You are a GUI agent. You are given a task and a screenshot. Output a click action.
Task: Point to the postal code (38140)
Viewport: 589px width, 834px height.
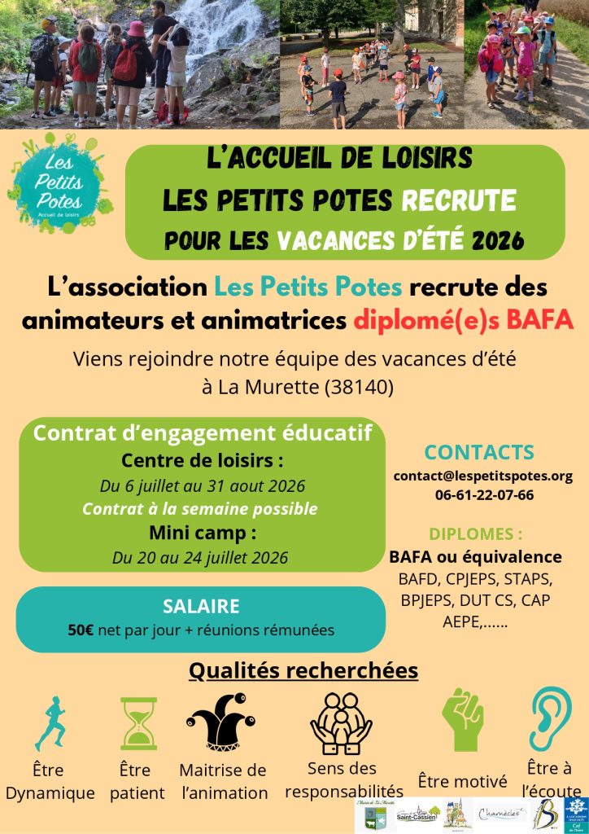[359, 387]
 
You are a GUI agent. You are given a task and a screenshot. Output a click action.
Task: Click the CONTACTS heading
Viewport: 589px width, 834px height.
[479, 452]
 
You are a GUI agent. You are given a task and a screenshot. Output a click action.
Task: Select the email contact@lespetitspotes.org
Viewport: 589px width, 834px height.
[482, 476]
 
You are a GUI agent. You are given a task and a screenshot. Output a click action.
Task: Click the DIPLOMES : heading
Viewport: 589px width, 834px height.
[475, 534]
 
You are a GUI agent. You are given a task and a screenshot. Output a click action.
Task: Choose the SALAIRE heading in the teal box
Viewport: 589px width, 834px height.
[200, 606]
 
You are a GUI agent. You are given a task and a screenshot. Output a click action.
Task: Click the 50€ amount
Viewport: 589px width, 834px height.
[82, 629]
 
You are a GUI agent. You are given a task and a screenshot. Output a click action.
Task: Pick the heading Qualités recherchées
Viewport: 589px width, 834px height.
[303, 670]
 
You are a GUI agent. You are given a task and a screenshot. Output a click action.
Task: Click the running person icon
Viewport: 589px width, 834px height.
[50, 722]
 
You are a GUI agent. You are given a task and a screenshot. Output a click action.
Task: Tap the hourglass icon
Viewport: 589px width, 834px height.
[139, 722]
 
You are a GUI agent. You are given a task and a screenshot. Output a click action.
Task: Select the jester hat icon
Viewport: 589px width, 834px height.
[222, 721]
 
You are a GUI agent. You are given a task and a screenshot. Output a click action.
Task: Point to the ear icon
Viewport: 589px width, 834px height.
[551, 718]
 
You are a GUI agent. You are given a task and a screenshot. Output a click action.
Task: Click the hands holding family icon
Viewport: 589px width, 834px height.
[341, 721]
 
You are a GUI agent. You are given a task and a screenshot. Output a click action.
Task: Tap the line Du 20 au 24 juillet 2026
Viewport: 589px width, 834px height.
[200, 559]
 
